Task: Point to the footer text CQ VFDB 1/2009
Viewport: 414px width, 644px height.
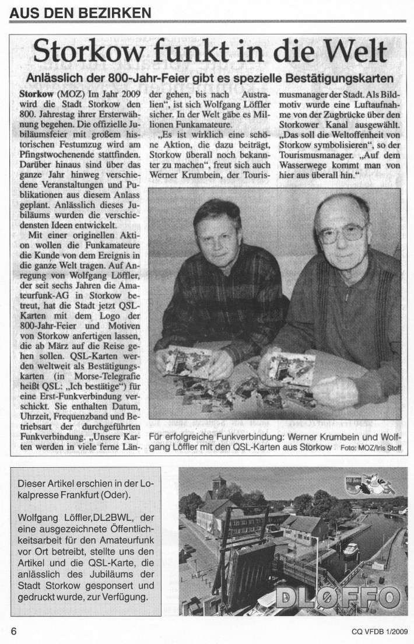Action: (x=379, y=631)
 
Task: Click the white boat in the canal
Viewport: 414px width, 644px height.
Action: (x=351, y=549)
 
